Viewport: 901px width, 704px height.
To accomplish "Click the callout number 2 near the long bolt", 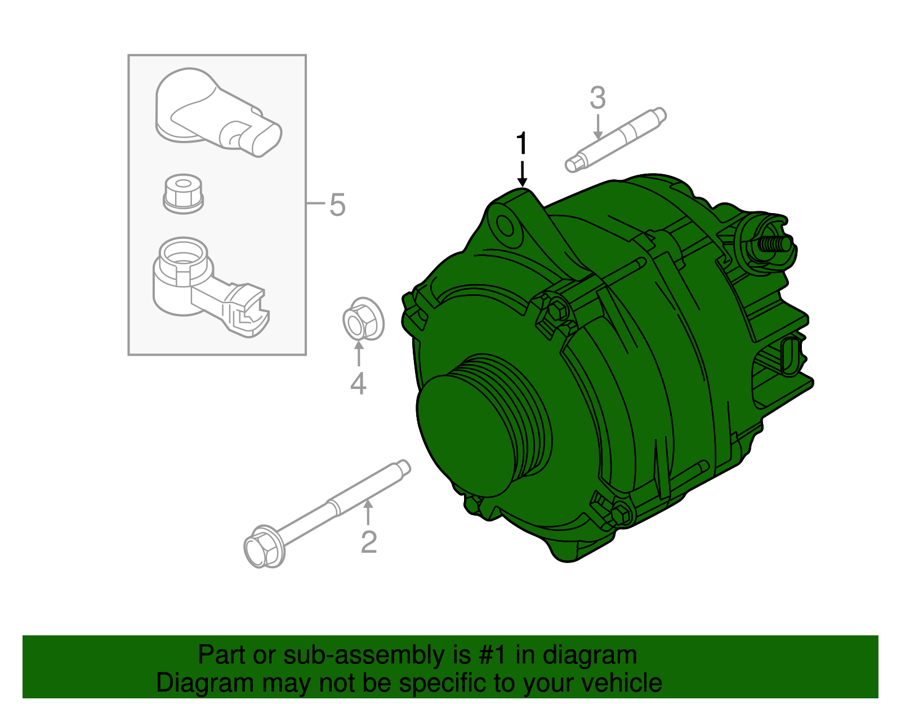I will (368, 542).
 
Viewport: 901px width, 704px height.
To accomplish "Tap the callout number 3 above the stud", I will (597, 98).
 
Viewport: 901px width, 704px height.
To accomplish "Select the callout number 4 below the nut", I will (358, 384).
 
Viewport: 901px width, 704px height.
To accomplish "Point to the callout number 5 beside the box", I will (337, 205).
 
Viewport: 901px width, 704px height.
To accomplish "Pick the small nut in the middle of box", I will (182, 193).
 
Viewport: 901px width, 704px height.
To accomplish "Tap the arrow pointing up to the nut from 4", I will (358, 355).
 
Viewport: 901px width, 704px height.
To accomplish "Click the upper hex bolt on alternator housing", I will (557, 309).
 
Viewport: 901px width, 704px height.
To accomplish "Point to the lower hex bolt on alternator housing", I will (619, 513).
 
